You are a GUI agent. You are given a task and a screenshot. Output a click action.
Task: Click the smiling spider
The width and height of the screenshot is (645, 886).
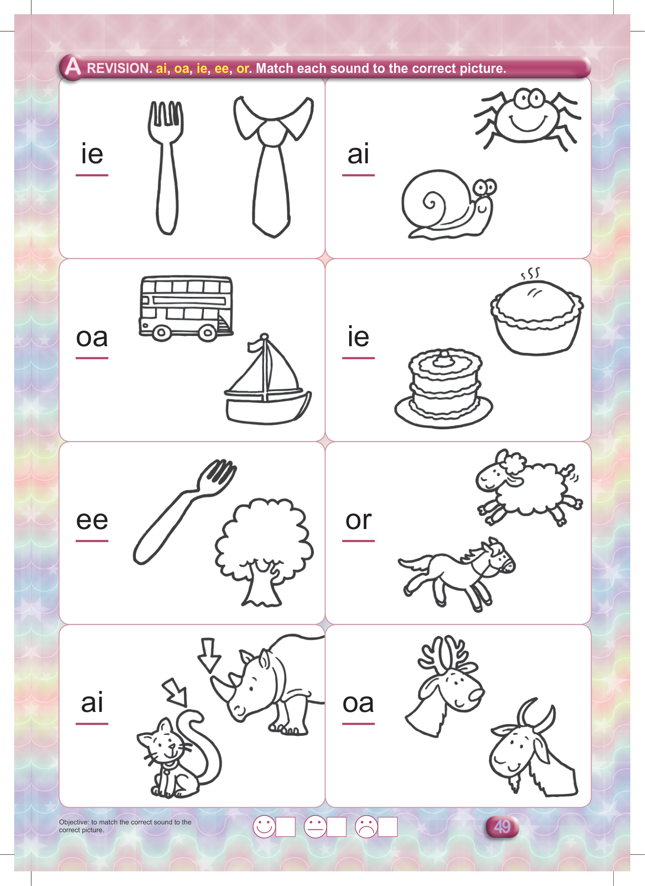527,117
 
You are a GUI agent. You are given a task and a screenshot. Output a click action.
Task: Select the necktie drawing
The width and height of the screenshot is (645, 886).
273,166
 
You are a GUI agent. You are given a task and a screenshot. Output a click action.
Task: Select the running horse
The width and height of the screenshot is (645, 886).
456,575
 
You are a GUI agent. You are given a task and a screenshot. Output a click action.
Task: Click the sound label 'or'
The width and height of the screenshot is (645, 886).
358,520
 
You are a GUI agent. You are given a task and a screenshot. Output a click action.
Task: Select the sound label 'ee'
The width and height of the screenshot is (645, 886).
92,520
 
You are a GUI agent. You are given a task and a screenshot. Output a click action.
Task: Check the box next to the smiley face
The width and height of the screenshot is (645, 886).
286,827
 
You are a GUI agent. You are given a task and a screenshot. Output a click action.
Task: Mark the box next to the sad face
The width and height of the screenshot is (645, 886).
387,827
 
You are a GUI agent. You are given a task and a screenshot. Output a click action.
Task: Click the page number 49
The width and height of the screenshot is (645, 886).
502,827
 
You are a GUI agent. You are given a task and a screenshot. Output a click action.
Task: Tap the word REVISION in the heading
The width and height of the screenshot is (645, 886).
119,68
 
